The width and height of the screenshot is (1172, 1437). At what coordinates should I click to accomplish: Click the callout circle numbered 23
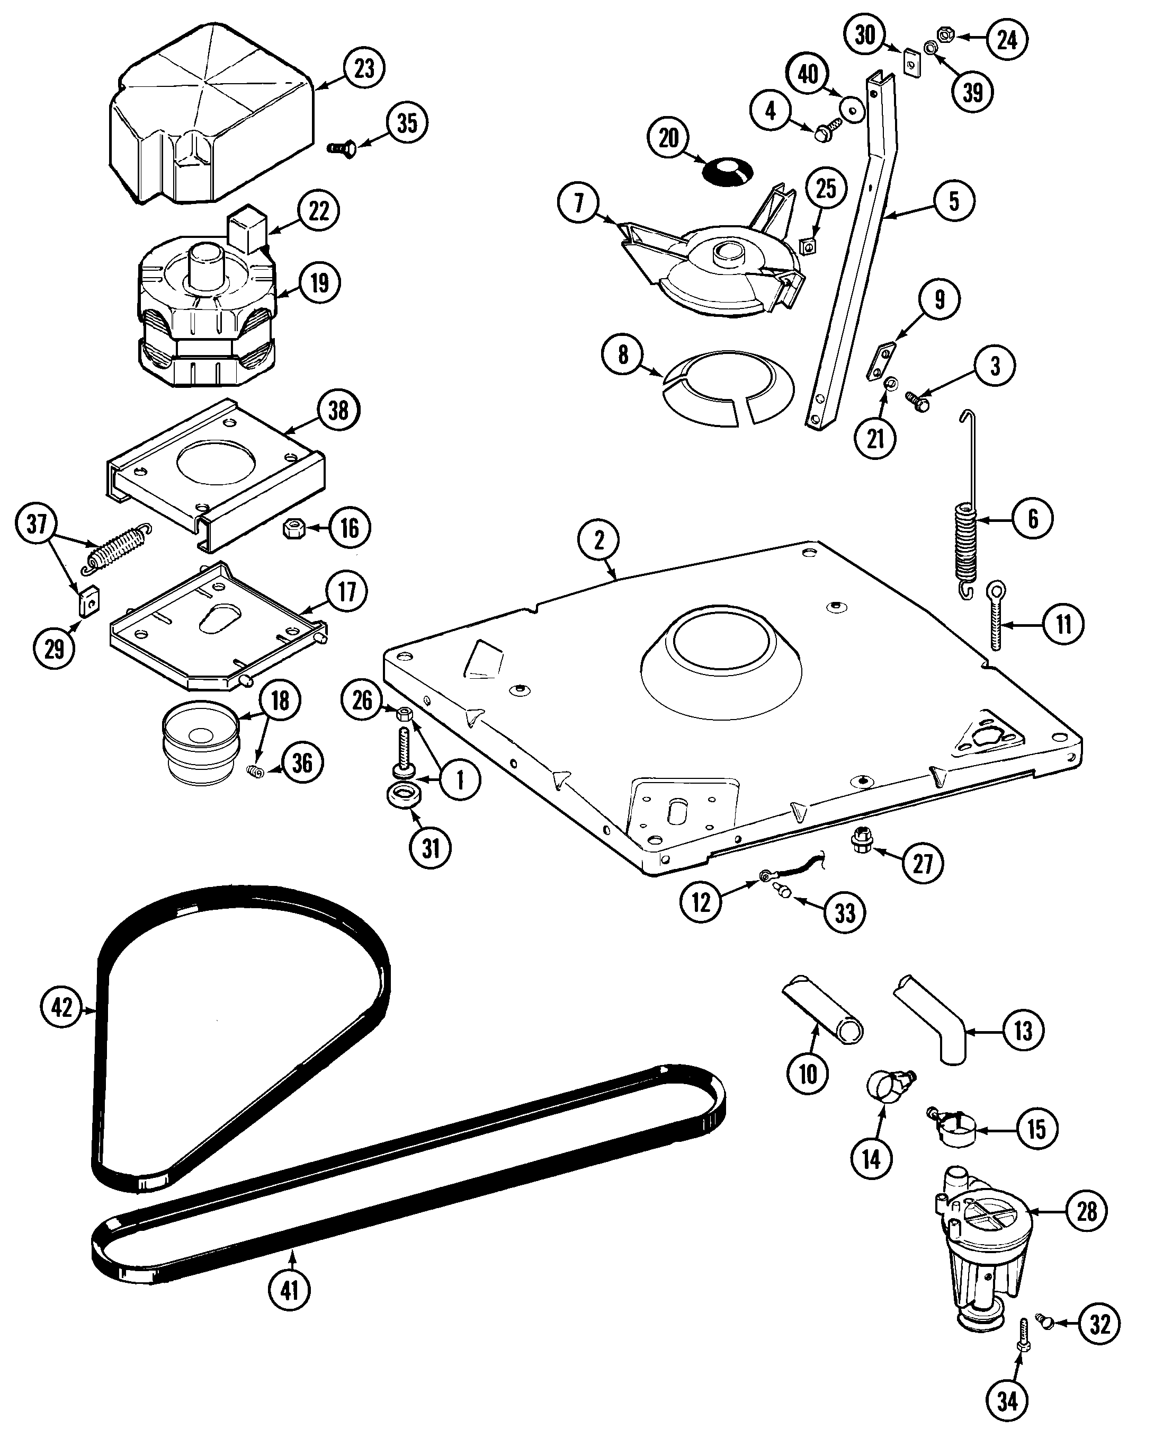coord(364,69)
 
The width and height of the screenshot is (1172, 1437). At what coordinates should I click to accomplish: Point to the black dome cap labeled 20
coord(727,171)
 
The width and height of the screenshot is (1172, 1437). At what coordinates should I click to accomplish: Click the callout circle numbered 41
coord(289,1290)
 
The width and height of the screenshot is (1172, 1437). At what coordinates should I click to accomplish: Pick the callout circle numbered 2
coord(598,541)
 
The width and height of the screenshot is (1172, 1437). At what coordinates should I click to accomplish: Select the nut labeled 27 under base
coord(861,841)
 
